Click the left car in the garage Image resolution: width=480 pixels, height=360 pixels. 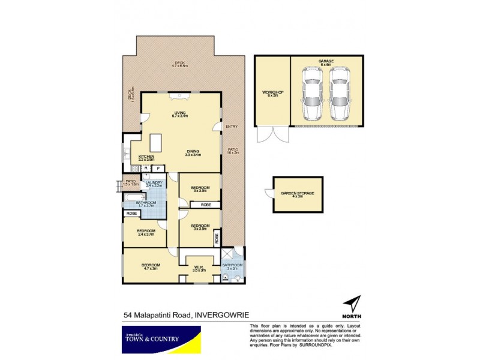pyautogui.click(x=311, y=91)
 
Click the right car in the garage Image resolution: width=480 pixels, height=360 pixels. pyautogui.click(x=340, y=91)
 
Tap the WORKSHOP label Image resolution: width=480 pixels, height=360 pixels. pyautogui.click(x=272, y=93)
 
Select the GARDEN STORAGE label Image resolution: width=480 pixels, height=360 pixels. pyautogui.click(x=298, y=194)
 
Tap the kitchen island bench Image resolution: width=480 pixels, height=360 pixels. pyautogui.click(x=157, y=143)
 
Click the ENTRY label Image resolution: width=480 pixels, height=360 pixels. pyautogui.click(x=232, y=127)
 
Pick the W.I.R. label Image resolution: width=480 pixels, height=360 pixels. pyautogui.click(x=199, y=268)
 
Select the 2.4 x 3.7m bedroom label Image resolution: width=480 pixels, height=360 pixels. pyautogui.click(x=145, y=232)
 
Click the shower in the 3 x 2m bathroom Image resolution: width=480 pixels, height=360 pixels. pyautogui.click(x=227, y=254)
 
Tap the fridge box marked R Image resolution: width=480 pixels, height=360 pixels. pyautogui.click(x=145, y=169)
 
